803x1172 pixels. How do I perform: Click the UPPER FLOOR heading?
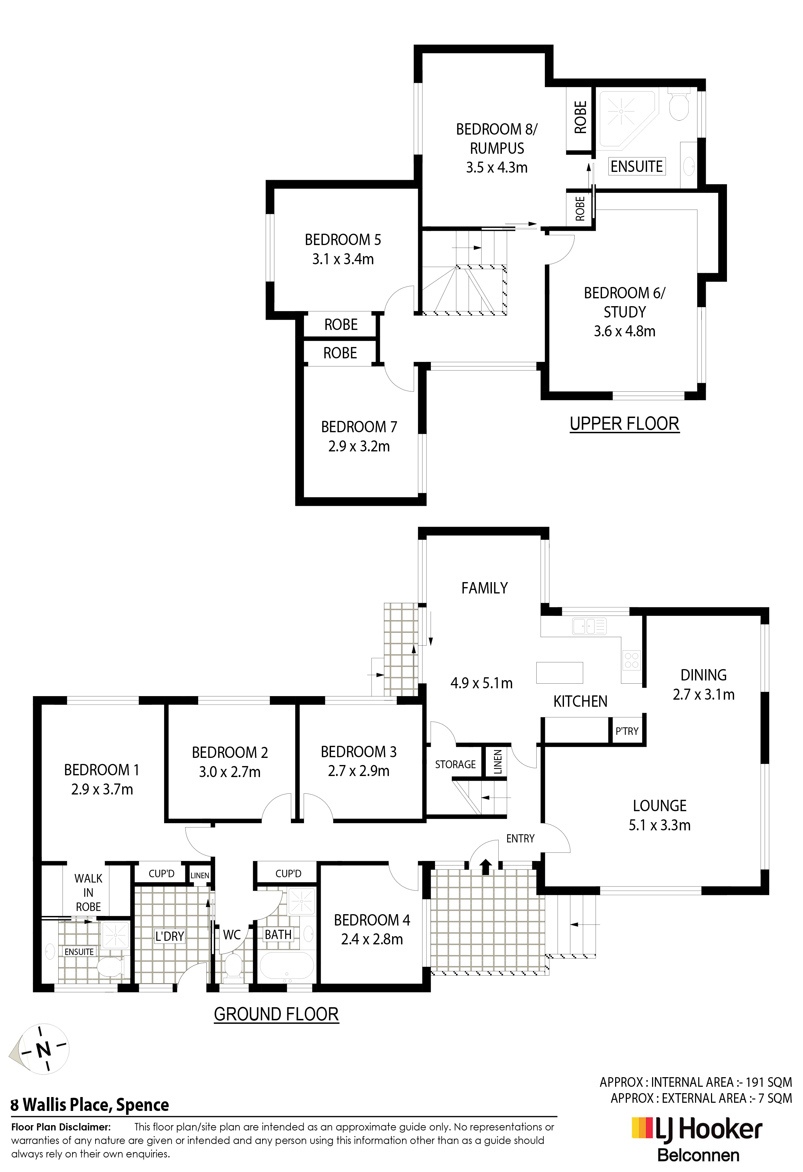(624, 424)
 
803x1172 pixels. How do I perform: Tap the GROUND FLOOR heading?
(276, 1014)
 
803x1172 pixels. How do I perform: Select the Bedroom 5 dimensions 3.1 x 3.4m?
(343, 259)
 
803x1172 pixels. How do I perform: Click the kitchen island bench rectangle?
(559, 673)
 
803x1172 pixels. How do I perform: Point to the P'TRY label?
(627, 731)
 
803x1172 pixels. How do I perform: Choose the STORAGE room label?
(455, 765)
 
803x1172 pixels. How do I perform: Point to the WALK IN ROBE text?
(88, 892)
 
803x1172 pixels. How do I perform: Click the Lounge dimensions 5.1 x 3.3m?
(660, 825)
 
